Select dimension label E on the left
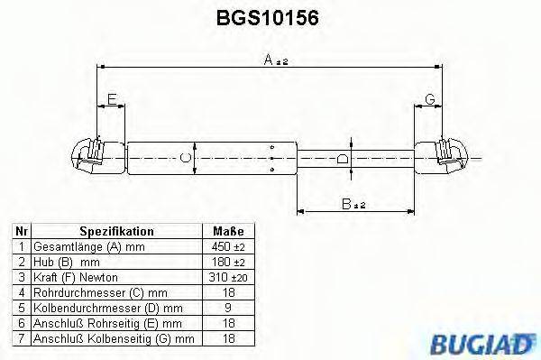coord(110,97)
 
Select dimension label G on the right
coord(430,97)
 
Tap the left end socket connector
coord(91,157)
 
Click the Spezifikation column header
coord(116,231)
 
